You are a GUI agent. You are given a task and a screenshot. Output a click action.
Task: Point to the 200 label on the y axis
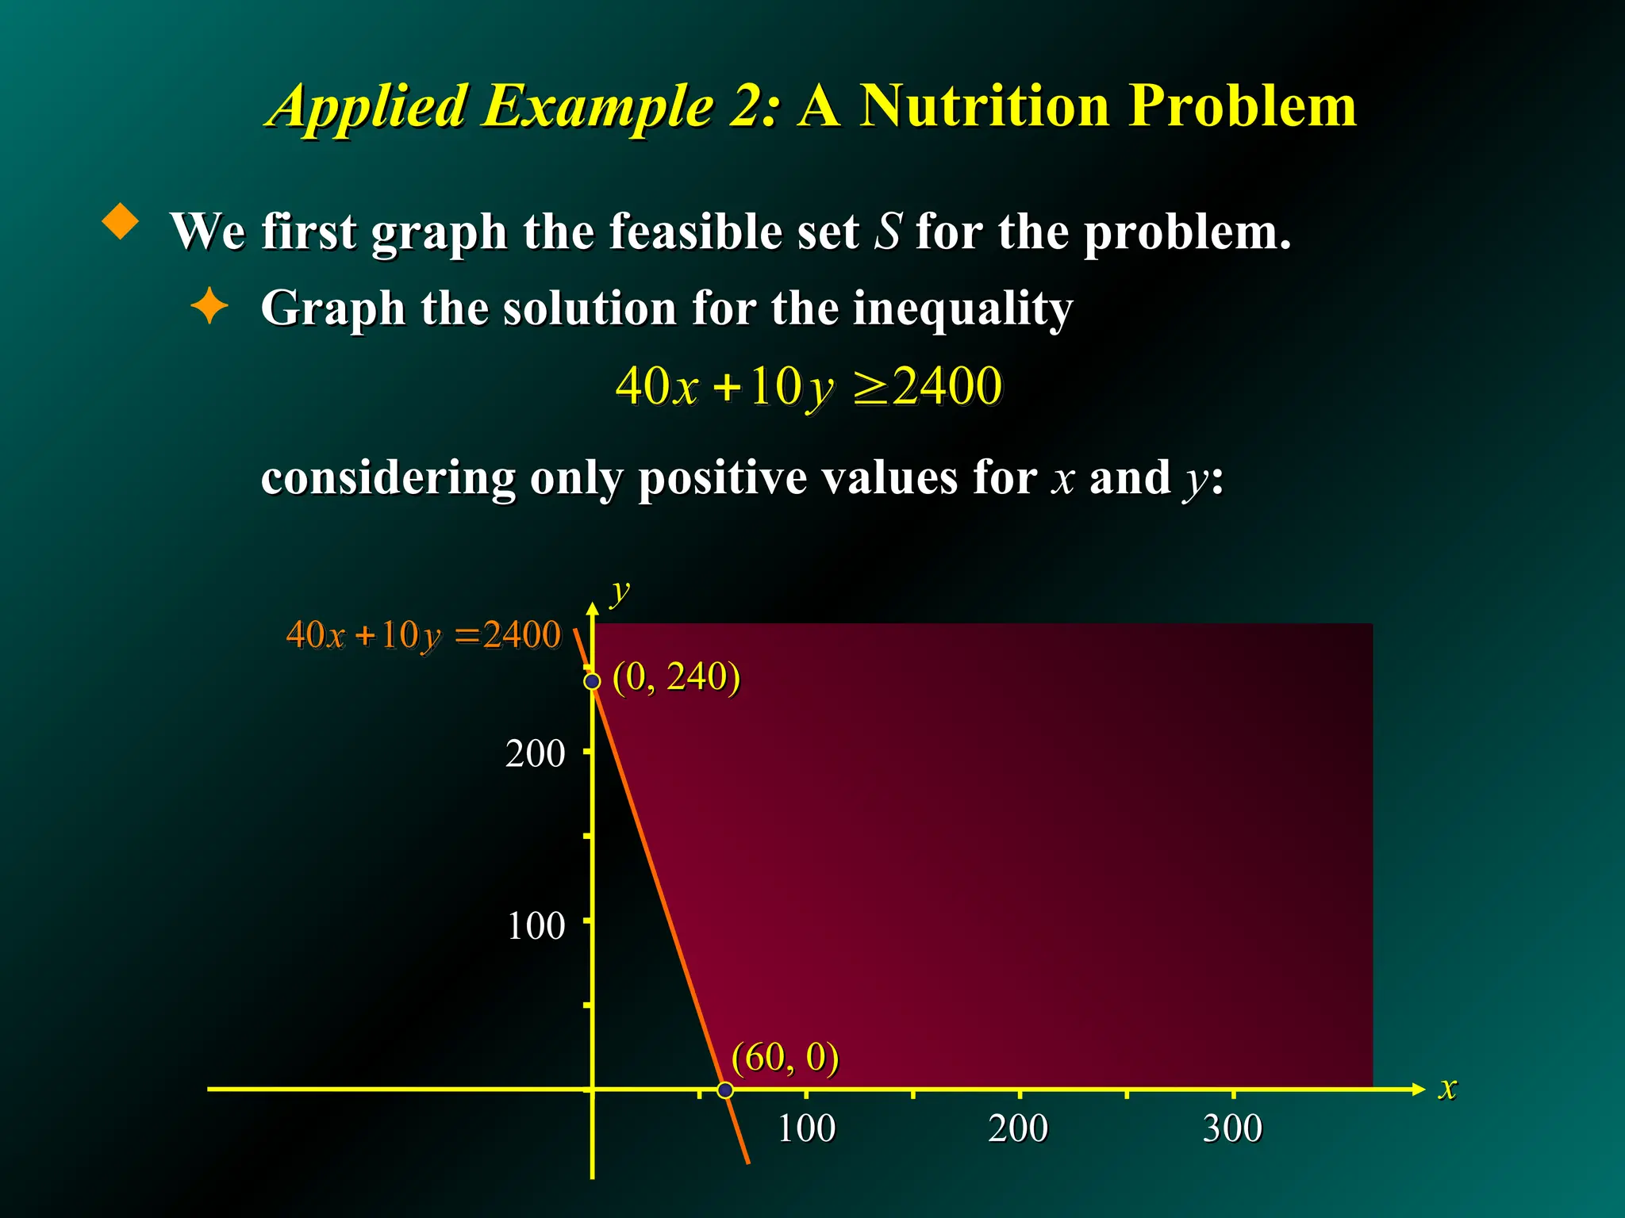tap(536, 753)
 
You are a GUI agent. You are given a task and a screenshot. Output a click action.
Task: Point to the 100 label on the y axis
tap(536, 925)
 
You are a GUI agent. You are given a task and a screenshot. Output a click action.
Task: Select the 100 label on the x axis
tap(806, 1128)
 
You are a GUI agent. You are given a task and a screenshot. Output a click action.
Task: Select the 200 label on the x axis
tap(1018, 1128)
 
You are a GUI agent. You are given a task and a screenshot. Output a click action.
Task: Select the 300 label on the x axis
tap(1232, 1128)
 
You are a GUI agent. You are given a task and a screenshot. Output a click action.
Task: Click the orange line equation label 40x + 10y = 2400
tap(423, 635)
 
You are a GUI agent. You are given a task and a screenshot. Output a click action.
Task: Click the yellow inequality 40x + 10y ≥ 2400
tap(809, 387)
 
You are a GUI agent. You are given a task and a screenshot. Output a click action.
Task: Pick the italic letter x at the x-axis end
tap(1448, 1088)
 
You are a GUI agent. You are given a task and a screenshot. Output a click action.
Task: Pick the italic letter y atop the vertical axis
tap(620, 592)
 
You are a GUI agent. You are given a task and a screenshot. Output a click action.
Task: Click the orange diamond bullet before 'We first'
tap(121, 221)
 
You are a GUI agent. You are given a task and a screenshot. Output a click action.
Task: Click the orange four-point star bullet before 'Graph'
tap(209, 306)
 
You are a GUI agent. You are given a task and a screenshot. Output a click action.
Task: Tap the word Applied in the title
tap(369, 107)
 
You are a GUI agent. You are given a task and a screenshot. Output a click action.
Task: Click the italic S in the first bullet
tap(888, 232)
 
